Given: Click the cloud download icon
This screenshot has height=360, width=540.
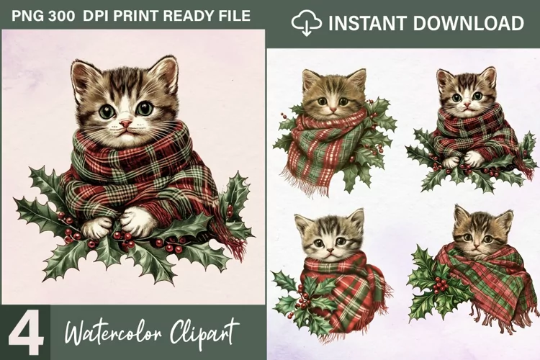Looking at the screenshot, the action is click(x=306, y=22).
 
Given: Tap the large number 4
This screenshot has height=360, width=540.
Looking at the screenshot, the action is click(x=26, y=334).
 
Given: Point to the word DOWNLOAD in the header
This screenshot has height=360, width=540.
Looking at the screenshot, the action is click(x=468, y=23).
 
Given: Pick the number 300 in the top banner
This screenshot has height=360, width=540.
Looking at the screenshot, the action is click(x=61, y=16).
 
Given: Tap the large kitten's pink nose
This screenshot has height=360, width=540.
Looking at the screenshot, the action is click(x=126, y=123).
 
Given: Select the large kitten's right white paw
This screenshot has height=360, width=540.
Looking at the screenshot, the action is click(x=135, y=222).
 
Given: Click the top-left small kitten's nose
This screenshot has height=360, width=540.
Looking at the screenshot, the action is click(x=333, y=109).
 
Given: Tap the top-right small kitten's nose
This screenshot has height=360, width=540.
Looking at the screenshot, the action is click(x=467, y=104).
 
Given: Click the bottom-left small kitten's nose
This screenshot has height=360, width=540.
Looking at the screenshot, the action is click(x=330, y=250).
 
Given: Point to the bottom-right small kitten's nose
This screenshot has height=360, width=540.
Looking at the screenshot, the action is click(x=477, y=246).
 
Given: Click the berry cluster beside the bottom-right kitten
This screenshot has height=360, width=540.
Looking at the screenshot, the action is click(x=440, y=284).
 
